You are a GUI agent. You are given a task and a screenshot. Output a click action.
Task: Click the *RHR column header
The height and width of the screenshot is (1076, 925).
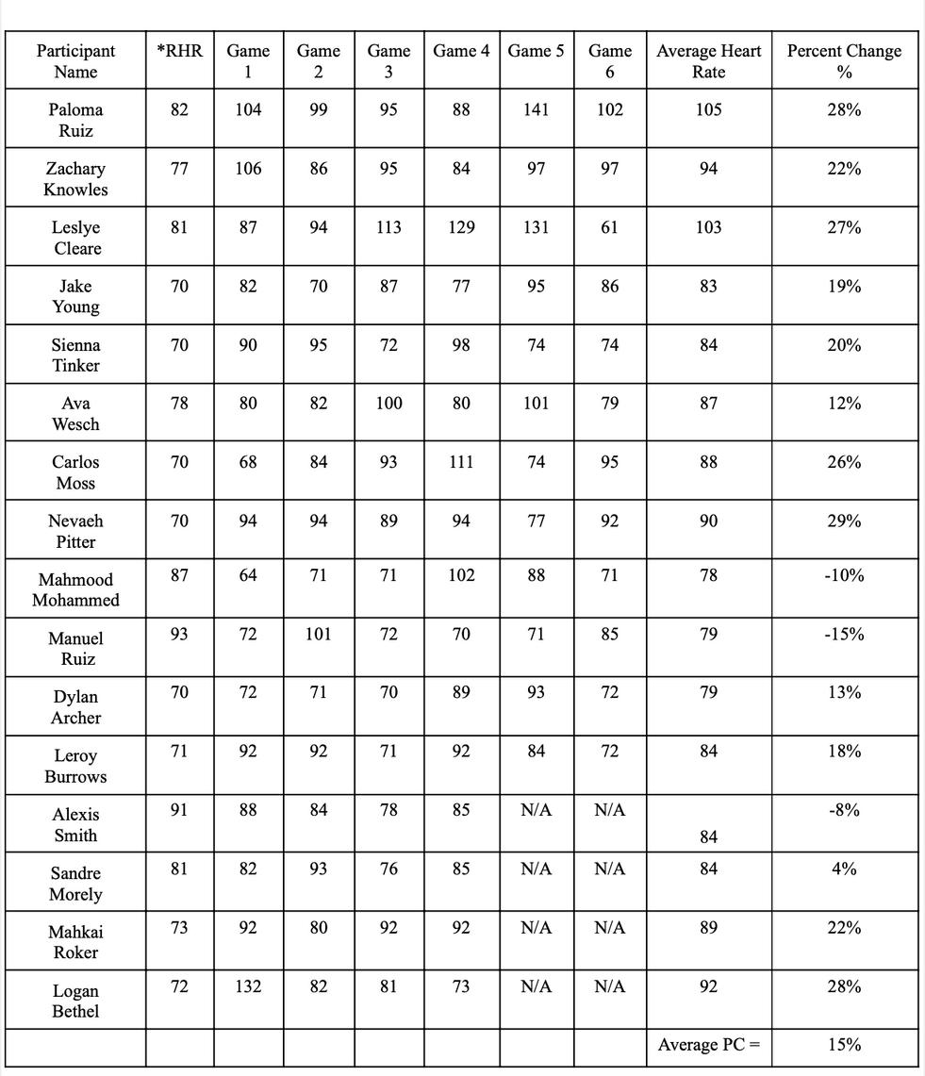179,51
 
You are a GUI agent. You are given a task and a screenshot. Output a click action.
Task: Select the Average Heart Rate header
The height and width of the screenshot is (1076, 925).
708,61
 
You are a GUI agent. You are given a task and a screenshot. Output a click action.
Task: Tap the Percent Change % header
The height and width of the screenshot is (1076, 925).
844,61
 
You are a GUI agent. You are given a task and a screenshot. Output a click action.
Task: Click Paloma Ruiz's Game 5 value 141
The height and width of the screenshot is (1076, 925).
536,109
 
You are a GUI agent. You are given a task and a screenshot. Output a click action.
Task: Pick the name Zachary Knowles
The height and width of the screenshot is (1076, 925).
75,179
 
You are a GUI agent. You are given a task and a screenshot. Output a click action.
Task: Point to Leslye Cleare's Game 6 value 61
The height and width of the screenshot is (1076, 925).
609,227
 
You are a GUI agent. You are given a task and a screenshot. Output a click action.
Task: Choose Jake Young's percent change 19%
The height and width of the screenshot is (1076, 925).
844,286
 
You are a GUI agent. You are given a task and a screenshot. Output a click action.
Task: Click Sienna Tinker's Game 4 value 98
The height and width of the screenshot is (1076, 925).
461,345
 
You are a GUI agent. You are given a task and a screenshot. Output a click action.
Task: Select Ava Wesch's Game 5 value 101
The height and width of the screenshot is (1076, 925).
536,404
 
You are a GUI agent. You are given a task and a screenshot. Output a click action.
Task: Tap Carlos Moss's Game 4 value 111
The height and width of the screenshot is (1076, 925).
461,462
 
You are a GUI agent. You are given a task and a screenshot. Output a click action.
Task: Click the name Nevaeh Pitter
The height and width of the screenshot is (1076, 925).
75,531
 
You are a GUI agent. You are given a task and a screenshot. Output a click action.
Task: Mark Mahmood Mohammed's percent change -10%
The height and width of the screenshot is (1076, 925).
844,575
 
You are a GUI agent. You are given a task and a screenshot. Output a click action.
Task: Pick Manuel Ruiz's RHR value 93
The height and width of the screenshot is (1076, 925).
179,634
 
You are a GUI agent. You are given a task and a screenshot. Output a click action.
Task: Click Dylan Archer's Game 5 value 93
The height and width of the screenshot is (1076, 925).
536,692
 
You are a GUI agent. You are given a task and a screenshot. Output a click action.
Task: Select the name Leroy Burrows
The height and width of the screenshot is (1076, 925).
75,766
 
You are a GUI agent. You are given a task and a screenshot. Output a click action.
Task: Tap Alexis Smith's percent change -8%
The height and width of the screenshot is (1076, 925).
844,810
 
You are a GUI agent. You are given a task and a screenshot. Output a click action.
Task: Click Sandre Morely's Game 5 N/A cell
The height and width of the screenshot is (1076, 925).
536,869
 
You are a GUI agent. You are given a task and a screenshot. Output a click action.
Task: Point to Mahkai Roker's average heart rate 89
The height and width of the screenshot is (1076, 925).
708,928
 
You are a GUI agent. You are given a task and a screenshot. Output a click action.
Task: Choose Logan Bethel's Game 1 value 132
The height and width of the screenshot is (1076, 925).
248,986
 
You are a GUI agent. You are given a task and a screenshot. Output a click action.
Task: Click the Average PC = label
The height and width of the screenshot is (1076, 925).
708,1045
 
